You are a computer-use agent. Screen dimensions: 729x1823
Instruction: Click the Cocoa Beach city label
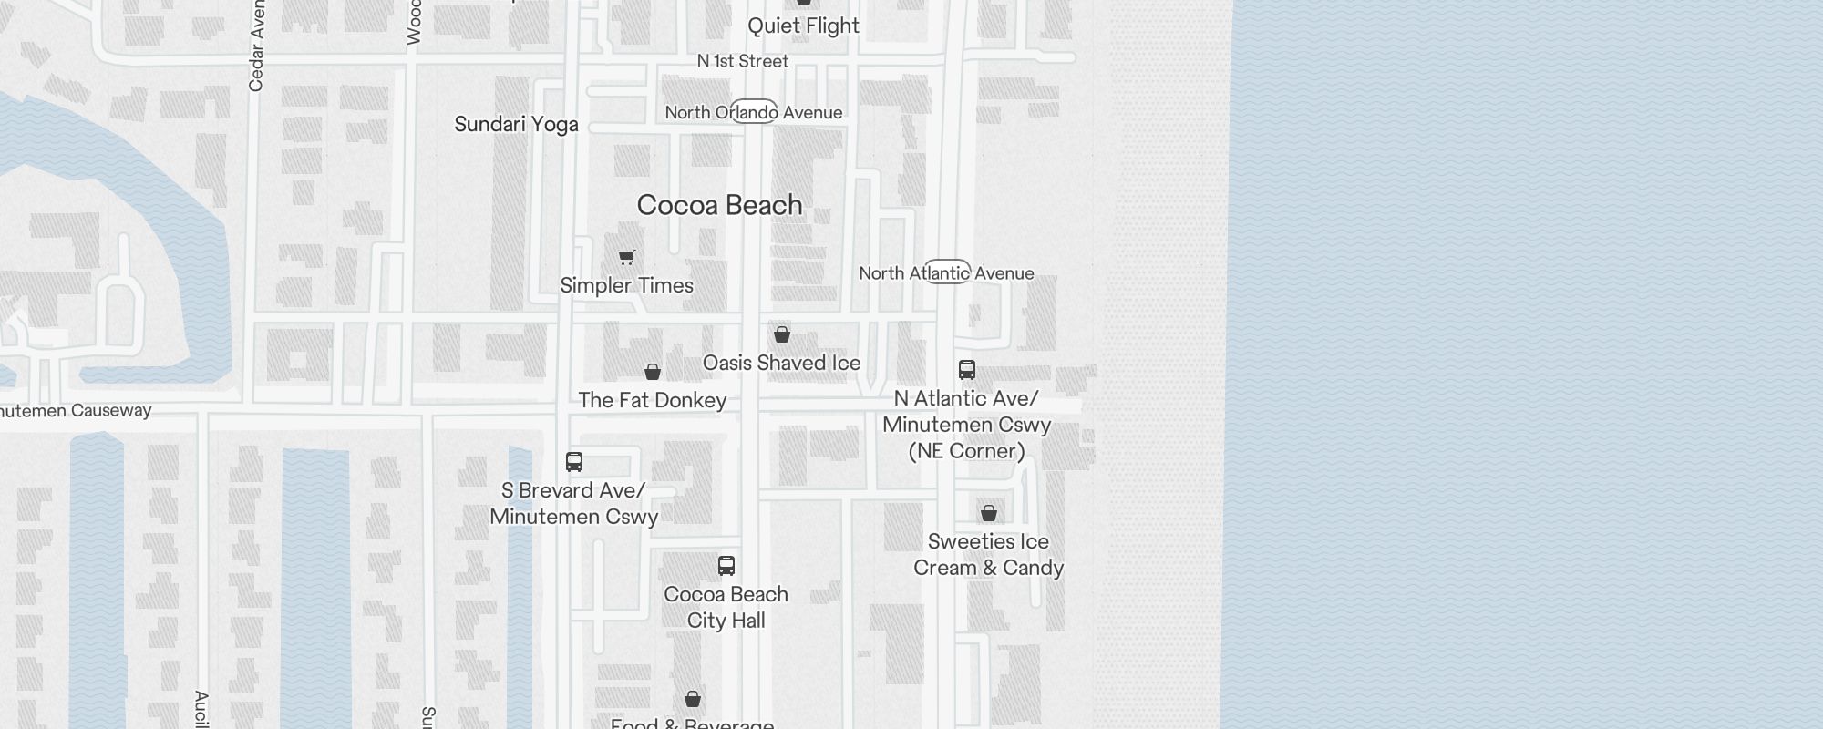pyautogui.click(x=719, y=205)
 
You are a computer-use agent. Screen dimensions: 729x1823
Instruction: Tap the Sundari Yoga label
pyautogui.click(x=516, y=124)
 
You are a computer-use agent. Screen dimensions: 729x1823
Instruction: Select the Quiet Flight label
pyautogui.click(x=803, y=26)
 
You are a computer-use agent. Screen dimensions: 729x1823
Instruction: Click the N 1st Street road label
pyautogui.click(x=742, y=61)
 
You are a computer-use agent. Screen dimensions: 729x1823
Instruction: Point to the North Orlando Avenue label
pyautogui.click(x=753, y=112)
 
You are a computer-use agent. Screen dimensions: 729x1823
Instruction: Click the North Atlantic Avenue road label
pyautogui.click(x=946, y=272)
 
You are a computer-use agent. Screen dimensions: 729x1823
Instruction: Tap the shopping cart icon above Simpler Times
pyautogui.click(x=627, y=257)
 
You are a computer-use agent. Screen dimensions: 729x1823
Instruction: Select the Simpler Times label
pyautogui.click(x=626, y=285)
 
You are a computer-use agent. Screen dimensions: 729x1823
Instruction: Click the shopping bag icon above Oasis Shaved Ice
pyautogui.click(x=782, y=334)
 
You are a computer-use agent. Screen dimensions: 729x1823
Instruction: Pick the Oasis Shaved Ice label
pyautogui.click(x=781, y=363)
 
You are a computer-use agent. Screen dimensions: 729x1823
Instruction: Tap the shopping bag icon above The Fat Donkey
pyautogui.click(x=653, y=372)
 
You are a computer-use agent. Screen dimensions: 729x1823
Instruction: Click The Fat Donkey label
pyautogui.click(x=652, y=400)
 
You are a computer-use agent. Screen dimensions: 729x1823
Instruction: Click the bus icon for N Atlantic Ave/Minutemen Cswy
pyautogui.click(x=967, y=370)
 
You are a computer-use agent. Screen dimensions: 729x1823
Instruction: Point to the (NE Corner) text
pyautogui.click(x=966, y=451)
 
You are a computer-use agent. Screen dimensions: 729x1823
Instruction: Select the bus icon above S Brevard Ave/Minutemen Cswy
pyautogui.click(x=574, y=462)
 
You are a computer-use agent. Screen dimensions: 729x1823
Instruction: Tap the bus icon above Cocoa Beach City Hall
pyautogui.click(x=726, y=566)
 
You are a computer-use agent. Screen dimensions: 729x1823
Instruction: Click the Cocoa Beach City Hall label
pyautogui.click(x=726, y=607)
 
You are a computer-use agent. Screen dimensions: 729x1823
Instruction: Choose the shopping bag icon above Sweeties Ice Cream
pyautogui.click(x=989, y=513)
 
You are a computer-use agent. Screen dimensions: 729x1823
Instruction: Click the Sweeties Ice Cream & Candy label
pyautogui.click(x=988, y=554)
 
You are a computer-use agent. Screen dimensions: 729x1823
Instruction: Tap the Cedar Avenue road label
pyautogui.click(x=256, y=46)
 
